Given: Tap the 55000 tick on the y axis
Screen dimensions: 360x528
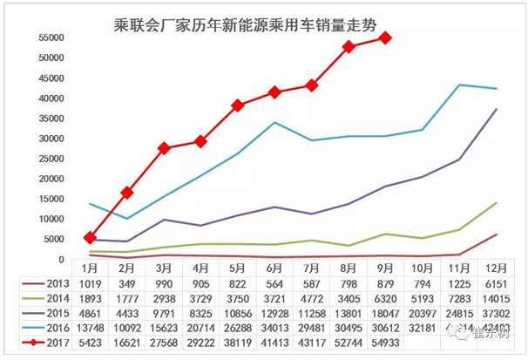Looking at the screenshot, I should click(x=49, y=38).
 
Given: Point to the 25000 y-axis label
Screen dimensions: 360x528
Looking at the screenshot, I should click(x=49, y=159).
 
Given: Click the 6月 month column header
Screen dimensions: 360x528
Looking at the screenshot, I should click(x=274, y=268).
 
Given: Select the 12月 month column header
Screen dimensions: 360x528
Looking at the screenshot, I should click(x=495, y=268).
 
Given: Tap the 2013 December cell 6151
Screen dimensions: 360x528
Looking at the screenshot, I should click(x=495, y=283).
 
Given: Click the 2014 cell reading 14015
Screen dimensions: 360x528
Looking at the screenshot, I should click(x=495, y=299).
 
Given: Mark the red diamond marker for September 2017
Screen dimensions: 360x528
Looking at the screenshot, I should click(x=384, y=38).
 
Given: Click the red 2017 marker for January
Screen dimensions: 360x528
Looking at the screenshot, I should click(x=90, y=237).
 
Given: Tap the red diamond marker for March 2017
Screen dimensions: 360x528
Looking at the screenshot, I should click(x=163, y=148).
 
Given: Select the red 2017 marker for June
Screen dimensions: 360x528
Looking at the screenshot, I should click(x=274, y=92).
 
